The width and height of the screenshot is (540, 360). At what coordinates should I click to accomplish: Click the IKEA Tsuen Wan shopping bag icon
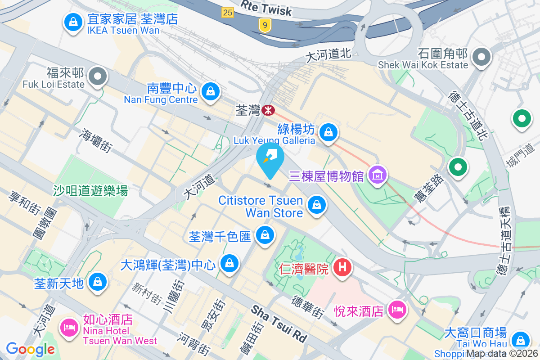click(x=72, y=22)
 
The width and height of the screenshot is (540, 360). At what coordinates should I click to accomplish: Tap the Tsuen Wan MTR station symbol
click(x=269, y=109)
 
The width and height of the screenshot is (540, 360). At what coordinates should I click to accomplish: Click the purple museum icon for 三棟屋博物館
click(x=377, y=174)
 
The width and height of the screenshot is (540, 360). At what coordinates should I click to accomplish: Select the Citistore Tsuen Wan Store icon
click(x=317, y=205)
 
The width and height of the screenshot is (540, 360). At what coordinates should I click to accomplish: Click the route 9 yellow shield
click(x=265, y=26)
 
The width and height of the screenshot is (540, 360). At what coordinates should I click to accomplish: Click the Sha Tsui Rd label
click(x=279, y=323)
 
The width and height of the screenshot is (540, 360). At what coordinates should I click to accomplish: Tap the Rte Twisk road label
click(x=266, y=8)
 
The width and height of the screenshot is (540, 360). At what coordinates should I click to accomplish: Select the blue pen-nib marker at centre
click(x=270, y=158)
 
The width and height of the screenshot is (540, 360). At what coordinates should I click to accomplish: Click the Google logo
click(x=30, y=349)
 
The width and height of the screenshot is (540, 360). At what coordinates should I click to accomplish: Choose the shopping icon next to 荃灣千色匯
click(x=265, y=234)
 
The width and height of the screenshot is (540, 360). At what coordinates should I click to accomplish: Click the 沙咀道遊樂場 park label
click(x=90, y=191)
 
